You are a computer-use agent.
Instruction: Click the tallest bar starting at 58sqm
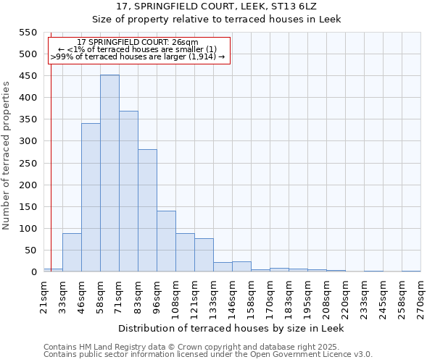click(x=109, y=174)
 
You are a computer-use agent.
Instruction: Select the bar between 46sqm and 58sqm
click(x=91, y=198)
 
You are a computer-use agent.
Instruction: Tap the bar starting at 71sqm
click(x=128, y=192)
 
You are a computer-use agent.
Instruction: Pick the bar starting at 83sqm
click(x=147, y=211)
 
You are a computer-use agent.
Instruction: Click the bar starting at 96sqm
click(x=166, y=242)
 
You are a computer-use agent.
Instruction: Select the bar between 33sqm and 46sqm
click(x=72, y=253)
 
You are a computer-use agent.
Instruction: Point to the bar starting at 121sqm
click(x=204, y=256)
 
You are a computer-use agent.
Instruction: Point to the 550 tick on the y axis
click(x=27, y=33)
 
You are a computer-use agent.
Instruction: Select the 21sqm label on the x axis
click(x=43, y=295)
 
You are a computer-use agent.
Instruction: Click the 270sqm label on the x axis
click(x=420, y=295)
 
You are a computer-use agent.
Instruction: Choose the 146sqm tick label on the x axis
click(x=232, y=295)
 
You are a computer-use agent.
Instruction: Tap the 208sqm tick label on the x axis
click(x=326, y=295)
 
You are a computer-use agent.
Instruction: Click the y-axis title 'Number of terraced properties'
click(x=7, y=156)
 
